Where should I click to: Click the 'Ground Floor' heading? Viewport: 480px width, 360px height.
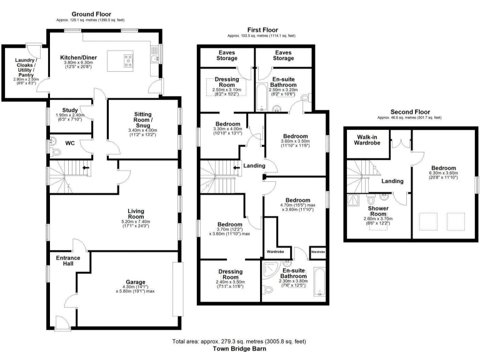[x=91, y=13]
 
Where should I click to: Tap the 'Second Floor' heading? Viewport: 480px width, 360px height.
[x=409, y=112]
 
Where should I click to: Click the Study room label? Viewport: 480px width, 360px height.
[x=69, y=110]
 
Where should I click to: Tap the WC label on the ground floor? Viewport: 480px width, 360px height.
[x=71, y=142]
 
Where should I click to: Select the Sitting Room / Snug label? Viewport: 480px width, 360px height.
[x=143, y=119]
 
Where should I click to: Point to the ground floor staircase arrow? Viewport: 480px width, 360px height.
[x=84, y=168]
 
